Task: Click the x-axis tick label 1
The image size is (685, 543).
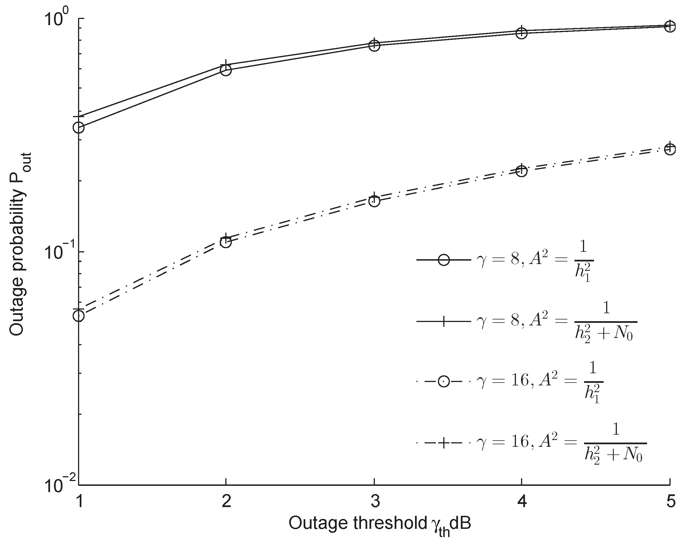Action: [79, 503]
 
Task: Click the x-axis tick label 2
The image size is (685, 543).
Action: [226, 503]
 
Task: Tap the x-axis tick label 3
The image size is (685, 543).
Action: [375, 503]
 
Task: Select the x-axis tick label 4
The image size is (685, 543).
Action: [522, 503]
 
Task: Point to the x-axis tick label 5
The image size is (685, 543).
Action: [670, 503]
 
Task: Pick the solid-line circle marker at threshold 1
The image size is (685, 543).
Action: [79, 128]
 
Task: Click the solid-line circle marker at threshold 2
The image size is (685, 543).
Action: [226, 70]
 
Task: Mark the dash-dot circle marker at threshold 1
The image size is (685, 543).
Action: [79, 316]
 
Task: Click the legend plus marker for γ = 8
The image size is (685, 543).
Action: [444, 322]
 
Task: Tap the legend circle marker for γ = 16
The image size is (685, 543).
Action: [444, 381]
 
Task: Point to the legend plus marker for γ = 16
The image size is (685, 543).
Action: [444, 443]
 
